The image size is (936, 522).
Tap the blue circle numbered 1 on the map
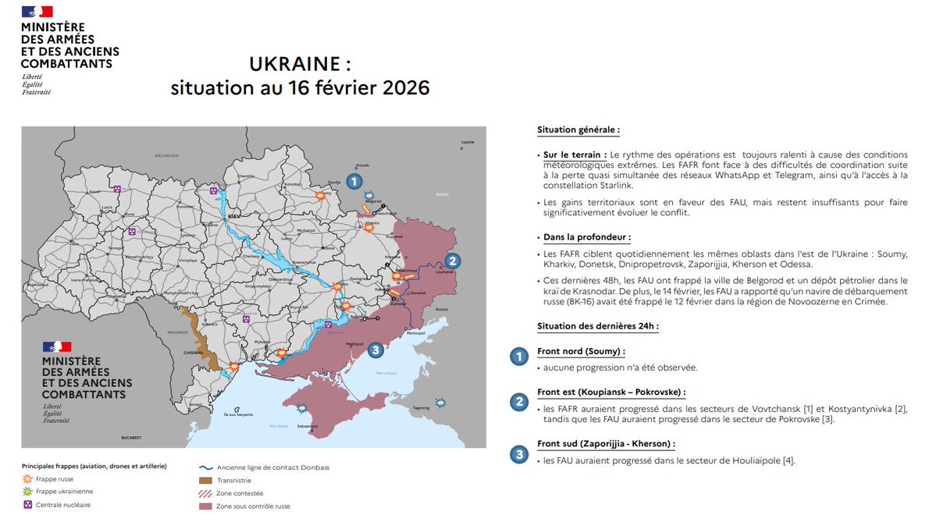354,182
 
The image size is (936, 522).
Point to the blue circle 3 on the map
375,350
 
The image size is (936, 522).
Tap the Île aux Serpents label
237,414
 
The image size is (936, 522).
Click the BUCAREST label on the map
119,439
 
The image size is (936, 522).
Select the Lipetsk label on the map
468,142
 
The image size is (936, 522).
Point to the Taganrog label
422,407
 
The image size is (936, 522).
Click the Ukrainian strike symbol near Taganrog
441,403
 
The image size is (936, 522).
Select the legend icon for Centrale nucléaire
29,505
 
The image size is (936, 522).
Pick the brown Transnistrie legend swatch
206,480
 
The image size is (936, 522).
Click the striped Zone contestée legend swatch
206,493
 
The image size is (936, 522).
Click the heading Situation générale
578,130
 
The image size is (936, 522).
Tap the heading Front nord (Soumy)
581,351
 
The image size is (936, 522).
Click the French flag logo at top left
37,12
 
